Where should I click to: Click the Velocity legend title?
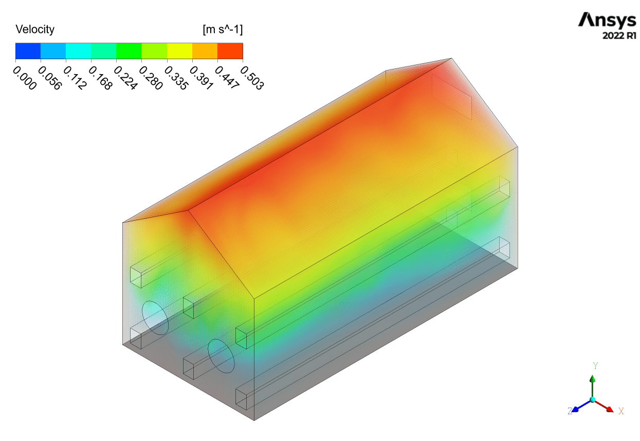tap(35, 29)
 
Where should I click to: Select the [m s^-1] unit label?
tap(223, 29)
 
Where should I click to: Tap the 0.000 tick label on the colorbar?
tap(25, 78)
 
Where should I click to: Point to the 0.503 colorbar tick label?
tap(252, 78)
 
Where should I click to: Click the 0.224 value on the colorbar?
tap(126, 78)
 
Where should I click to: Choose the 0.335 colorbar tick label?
tap(176, 78)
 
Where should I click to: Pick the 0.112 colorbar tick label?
tap(75, 78)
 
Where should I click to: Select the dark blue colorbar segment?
tap(28, 51)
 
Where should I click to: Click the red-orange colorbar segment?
tap(230, 51)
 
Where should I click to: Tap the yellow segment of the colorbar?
tap(180, 51)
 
